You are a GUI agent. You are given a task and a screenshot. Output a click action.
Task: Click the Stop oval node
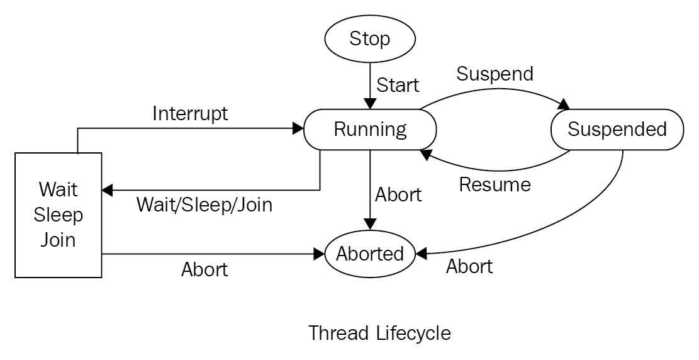tap(369, 39)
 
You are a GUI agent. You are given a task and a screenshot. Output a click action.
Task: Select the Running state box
tap(370, 130)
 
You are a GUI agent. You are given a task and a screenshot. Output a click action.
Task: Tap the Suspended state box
tap(617, 130)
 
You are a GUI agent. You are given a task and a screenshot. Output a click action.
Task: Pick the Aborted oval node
tap(370, 254)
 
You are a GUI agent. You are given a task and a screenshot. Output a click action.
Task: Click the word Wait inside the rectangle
tap(59, 189)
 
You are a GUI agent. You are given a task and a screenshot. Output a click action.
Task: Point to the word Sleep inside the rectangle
tap(59, 215)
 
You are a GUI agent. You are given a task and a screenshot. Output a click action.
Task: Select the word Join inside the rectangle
tap(59, 240)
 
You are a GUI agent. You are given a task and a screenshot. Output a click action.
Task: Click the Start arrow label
tap(398, 85)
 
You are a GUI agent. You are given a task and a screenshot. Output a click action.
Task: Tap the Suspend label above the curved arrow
tap(495, 74)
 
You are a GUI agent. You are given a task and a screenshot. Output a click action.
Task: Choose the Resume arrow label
tap(495, 184)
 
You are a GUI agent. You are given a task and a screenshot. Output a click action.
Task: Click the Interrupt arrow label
tap(191, 114)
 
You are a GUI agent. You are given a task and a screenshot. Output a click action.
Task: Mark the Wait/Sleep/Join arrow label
tap(204, 205)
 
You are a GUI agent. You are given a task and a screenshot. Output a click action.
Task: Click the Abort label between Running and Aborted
tap(398, 195)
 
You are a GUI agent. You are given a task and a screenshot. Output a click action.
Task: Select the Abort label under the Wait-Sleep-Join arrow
tap(204, 269)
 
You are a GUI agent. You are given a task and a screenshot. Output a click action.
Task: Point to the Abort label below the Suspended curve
tap(469, 266)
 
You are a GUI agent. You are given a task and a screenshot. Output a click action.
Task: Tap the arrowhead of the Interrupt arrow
tap(298, 129)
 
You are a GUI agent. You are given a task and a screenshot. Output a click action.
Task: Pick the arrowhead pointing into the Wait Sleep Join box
tap(108, 191)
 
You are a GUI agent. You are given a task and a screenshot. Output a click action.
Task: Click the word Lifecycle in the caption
tap(413, 333)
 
